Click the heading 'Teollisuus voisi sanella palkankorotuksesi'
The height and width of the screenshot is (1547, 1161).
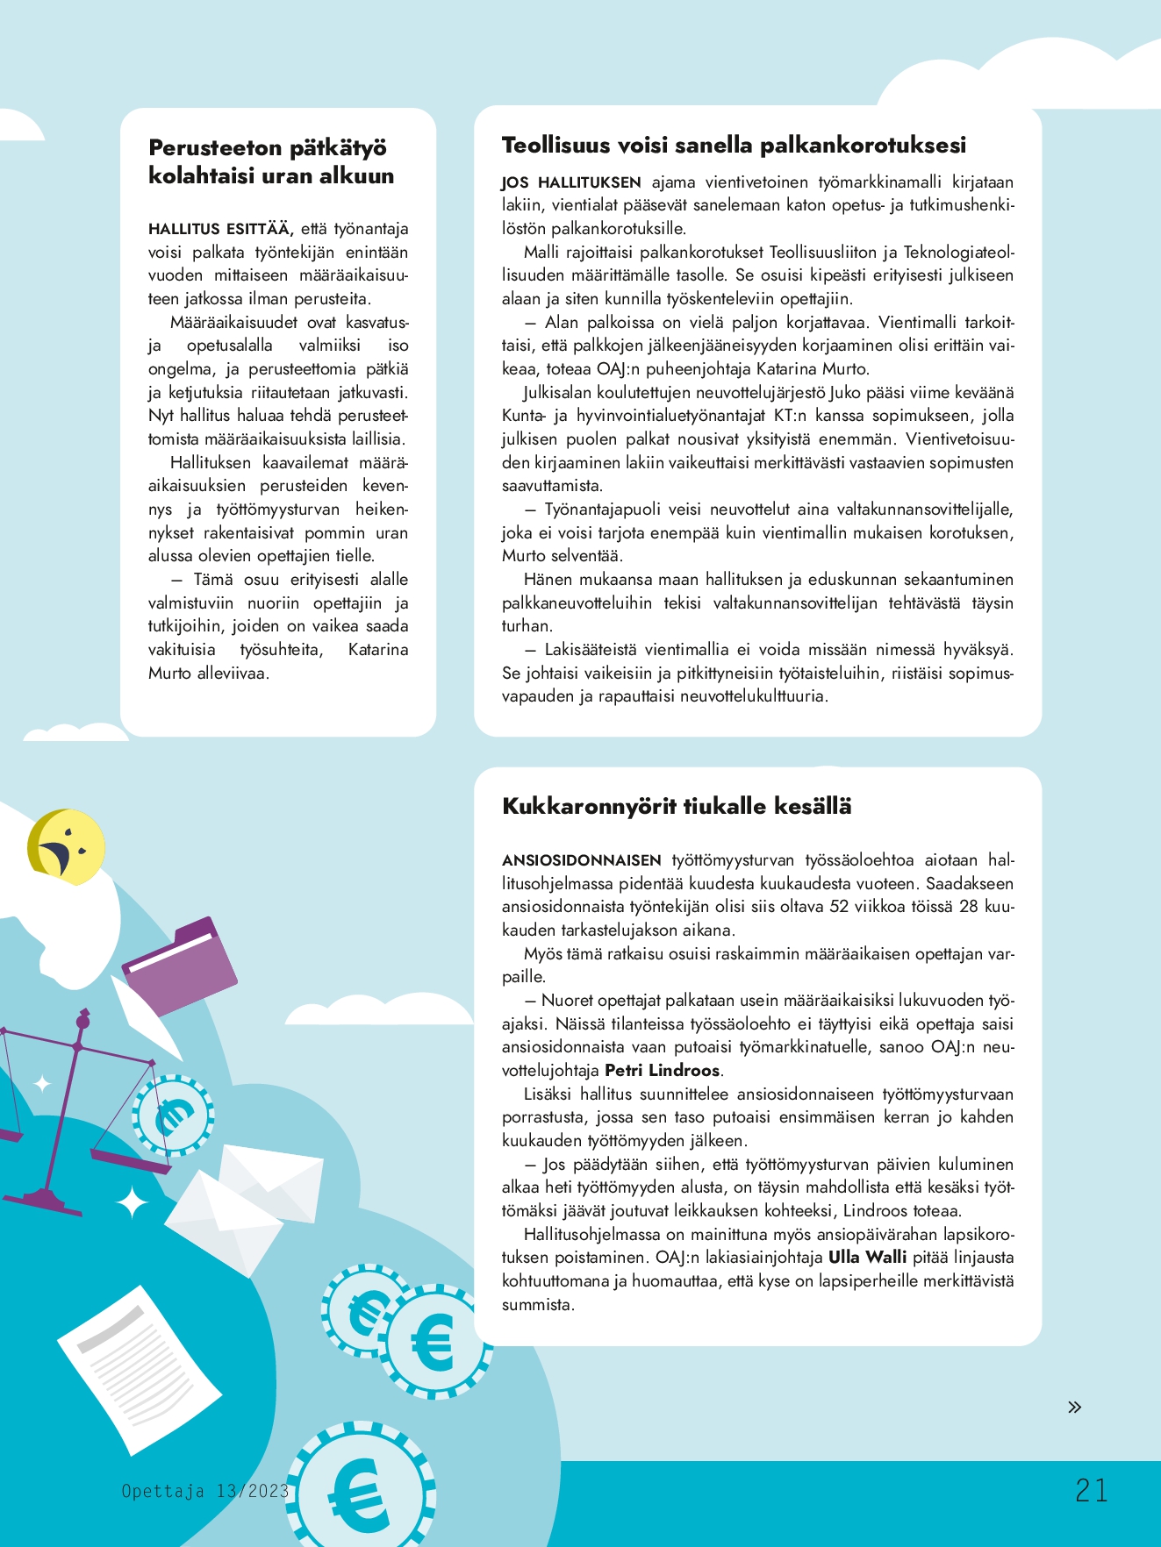(734, 146)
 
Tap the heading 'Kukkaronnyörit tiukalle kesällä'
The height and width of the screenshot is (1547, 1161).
(677, 807)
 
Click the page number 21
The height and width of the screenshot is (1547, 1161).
(1091, 1490)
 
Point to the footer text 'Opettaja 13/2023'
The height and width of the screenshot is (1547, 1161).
(204, 1491)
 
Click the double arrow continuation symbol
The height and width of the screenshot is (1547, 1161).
(1074, 1407)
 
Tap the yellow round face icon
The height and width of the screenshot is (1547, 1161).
(67, 847)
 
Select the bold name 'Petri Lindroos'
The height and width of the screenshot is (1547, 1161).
(663, 1071)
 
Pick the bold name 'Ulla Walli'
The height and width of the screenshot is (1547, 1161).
(867, 1257)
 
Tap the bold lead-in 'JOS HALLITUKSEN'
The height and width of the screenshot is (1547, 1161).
(571, 183)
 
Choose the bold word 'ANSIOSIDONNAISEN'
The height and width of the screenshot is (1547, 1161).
(582, 860)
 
